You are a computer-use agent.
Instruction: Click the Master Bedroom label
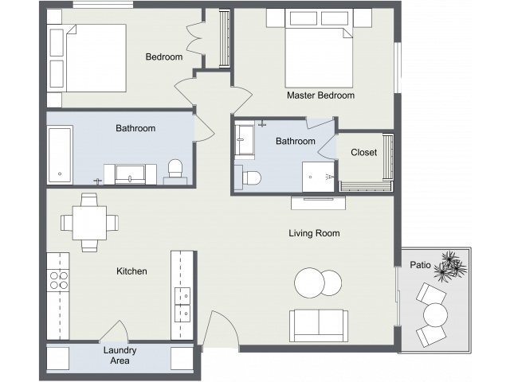pyautogui.click(x=320, y=95)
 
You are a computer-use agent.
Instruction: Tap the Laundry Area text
pyautogui.click(x=120, y=356)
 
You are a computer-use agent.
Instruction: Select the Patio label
pyautogui.click(x=420, y=265)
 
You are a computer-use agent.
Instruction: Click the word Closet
pyautogui.click(x=363, y=152)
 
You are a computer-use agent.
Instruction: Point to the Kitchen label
pyautogui.click(x=131, y=271)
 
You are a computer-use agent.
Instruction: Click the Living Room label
pyautogui.click(x=314, y=233)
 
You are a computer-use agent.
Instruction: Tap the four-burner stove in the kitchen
pyautogui.click(x=58, y=281)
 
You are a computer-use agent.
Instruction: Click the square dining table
pyautogui.click(x=89, y=223)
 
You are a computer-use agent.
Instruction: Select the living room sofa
pyautogui.click(x=319, y=325)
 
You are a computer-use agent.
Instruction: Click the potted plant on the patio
pyautogui.click(x=450, y=267)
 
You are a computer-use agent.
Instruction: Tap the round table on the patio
pyautogui.click(x=436, y=315)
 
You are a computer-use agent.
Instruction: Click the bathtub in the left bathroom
pyautogui.click(x=60, y=155)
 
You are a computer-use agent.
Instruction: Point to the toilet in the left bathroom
pyautogui.click(x=175, y=172)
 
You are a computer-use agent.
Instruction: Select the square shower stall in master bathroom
pyautogui.click(x=319, y=177)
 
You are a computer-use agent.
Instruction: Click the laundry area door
pyautogui.click(x=114, y=331)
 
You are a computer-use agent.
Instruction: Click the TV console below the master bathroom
pyautogui.click(x=319, y=203)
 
